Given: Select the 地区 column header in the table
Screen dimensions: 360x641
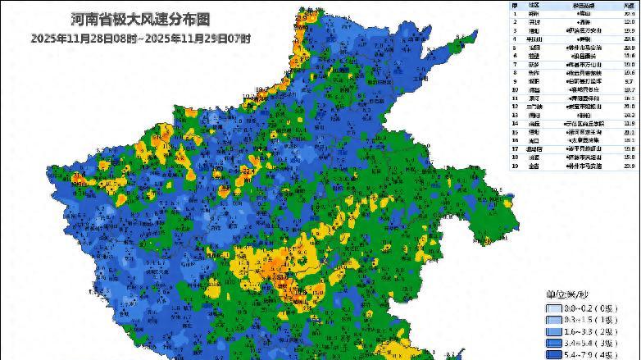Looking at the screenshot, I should coord(534,5).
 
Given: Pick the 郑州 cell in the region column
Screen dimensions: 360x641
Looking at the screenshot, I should coord(534,14).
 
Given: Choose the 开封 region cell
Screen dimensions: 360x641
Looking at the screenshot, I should coord(534,22).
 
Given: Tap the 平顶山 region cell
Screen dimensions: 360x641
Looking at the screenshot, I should coord(534,39).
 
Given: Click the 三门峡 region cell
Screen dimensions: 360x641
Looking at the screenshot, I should coord(534,106).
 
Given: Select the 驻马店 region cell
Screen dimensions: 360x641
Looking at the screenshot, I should coord(534,148).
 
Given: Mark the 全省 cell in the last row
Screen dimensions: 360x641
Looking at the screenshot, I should coord(534,166).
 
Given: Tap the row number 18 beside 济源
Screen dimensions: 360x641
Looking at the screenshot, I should coord(515,157).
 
